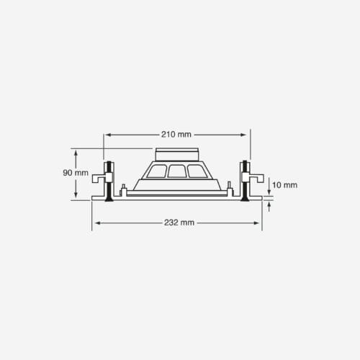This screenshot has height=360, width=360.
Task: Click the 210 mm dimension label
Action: click(x=176, y=135)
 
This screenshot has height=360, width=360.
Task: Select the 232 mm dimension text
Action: click(x=179, y=222)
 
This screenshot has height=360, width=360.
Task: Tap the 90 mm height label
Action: click(x=76, y=173)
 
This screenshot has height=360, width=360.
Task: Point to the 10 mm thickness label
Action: click(x=284, y=185)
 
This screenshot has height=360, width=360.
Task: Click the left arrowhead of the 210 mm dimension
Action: click(x=108, y=135)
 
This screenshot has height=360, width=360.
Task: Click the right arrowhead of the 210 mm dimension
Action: click(x=243, y=135)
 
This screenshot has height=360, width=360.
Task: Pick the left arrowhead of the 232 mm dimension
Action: click(x=98, y=223)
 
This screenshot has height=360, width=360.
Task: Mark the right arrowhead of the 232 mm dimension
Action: click(x=256, y=223)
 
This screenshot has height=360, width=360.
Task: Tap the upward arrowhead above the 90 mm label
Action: click(x=76, y=153)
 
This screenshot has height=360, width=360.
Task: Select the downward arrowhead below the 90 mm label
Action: click(x=76, y=195)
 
